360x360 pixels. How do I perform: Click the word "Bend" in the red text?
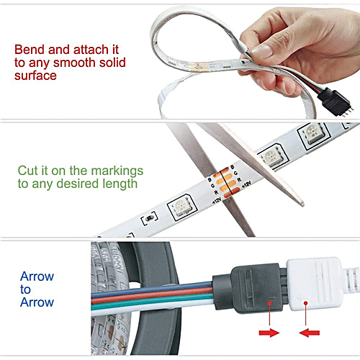[x=30, y=50]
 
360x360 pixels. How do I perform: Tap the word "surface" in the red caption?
[x=35, y=76]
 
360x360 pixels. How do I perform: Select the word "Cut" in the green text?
[x=28, y=171]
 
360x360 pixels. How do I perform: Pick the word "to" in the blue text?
[x=25, y=289]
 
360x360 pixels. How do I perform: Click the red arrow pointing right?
[x=269, y=333]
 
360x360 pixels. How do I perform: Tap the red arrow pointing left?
[x=310, y=333]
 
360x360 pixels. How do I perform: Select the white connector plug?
[x=315, y=283]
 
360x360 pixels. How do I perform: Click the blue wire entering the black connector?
[x=152, y=289]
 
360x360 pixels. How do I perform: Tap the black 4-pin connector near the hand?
[x=334, y=102]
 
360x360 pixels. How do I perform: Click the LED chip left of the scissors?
[x=181, y=207]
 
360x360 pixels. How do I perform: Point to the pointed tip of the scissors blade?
[x=303, y=204]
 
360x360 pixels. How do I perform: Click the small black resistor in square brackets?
[x=150, y=218]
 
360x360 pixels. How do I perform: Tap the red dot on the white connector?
[x=305, y=303]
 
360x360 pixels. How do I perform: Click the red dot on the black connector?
[x=269, y=303]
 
